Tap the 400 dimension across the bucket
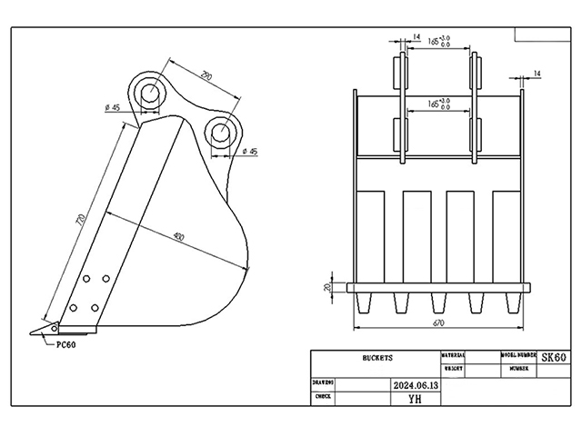[178, 238]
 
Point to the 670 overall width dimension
[437, 322]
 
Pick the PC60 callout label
[65, 344]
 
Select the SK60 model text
[554, 359]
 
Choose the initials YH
[414, 398]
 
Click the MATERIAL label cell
[454, 355]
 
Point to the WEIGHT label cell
[454, 370]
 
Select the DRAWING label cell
[323, 384]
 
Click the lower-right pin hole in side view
[221, 132]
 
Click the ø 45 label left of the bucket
[114, 109]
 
